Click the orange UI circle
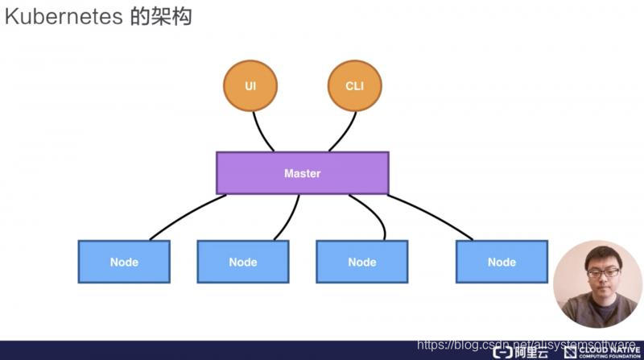click(x=250, y=85)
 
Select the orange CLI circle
click(x=354, y=85)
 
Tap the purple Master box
click(x=302, y=173)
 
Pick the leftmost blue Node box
click(x=124, y=262)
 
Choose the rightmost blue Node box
click(x=502, y=262)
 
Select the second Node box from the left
click(x=243, y=262)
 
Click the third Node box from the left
click(x=362, y=262)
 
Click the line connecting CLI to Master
click(x=345, y=130)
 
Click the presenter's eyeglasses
click(x=598, y=274)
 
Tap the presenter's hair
click(x=597, y=252)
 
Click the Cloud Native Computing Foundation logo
click(x=604, y=352)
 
